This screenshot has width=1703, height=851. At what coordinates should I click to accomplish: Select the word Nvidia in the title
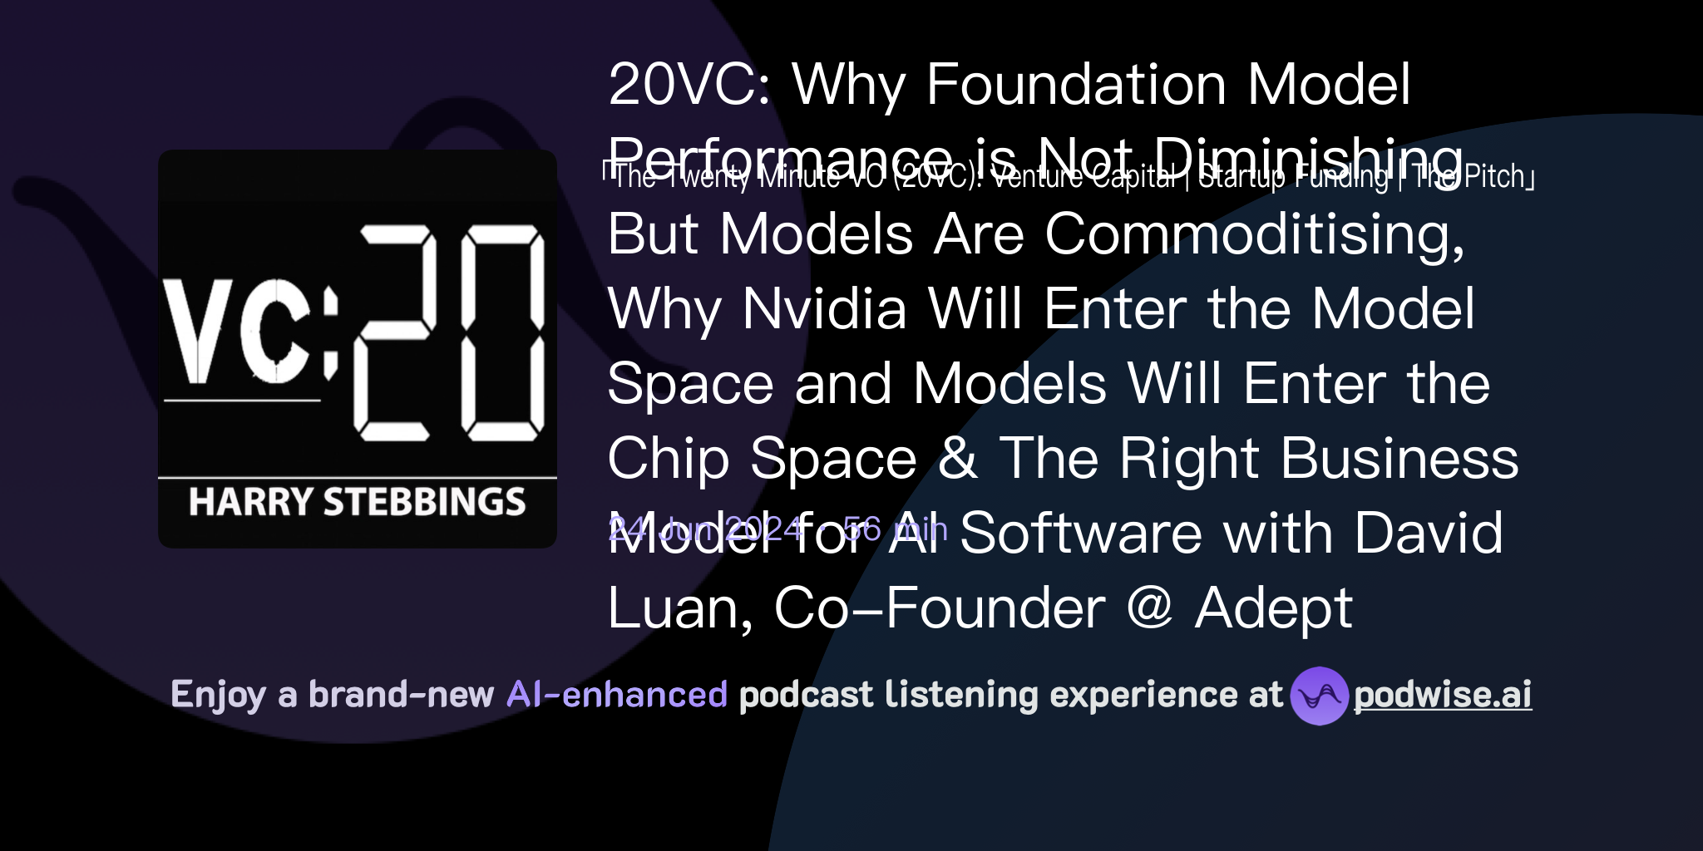pyautogui.click(x=823, y=308)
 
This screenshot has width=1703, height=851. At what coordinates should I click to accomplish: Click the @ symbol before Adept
pyautogui.click(x=1149, y=608)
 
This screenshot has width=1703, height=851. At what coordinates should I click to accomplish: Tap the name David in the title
pyautogui.click(x=1428, y=533)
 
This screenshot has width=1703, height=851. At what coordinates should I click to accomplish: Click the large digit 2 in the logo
pyautogui.click(x=394, y=332)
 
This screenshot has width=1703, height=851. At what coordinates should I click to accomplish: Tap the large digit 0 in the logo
pyautogui.click(x=502, y=332)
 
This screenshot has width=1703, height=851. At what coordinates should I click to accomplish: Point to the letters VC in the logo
pyautogui.click(x=237, y=332)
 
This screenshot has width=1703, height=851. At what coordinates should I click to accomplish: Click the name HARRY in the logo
pyautogui.click(x=249, y=502)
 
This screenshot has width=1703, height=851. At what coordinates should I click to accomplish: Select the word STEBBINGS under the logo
pyautogui.click(x=424, y=502)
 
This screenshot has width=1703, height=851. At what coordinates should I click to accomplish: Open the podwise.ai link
pyautogui.click(x=1442, y=696)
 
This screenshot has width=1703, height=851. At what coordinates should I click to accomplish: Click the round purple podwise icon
pyautogui.click(x=1319, y=696)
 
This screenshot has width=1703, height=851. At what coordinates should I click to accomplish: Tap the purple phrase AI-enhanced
pyautogui.click(x=617, y=695)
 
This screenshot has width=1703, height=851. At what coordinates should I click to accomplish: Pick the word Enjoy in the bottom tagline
pyautogui.click(x=218, y=696)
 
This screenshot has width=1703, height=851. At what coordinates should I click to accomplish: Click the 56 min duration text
pyautogui.click(x=895, y=529)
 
